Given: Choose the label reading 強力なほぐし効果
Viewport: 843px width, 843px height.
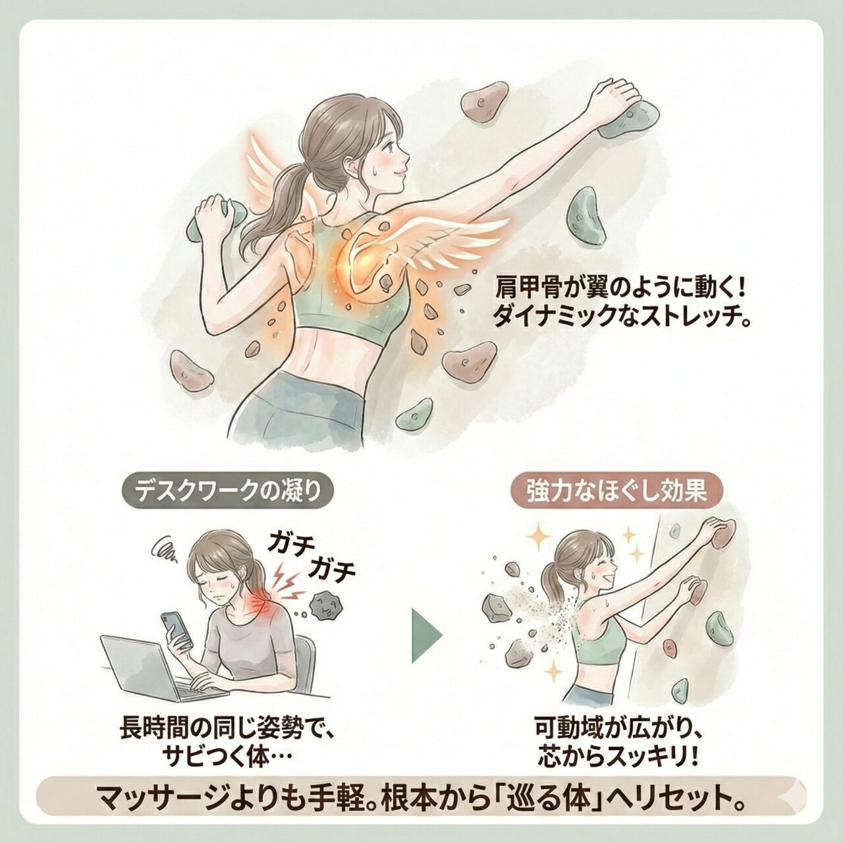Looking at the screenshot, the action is [616, 494].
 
